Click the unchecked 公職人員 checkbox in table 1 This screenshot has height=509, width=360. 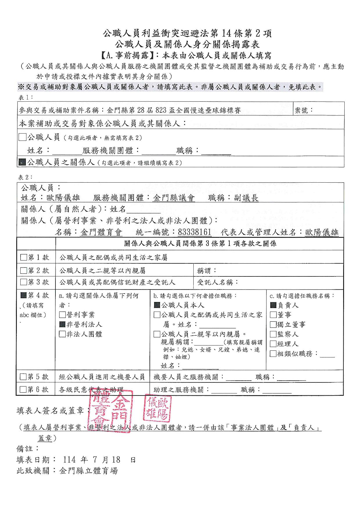click(x=22, y=137)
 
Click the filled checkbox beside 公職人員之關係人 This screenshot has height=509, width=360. click(x=22, y=162)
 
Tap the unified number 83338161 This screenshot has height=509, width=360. click(x=195, y=233)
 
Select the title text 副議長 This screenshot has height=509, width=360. click(x=246, y=198)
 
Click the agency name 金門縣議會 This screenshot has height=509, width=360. click(x=174, y=198)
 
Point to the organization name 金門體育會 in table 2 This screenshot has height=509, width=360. click(x=101, y=233)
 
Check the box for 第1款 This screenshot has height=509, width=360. click(x=24, y=258)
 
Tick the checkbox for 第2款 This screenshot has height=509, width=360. click(x=24, y=271)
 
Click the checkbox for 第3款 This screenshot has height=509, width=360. click(x=24, y=282)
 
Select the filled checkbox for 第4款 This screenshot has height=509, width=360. click(x=24, y=296)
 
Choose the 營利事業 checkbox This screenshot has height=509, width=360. click(x=62, y=315)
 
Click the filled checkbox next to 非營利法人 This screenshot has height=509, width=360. click(x=62, y=324)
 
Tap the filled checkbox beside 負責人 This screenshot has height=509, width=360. click(x=273, y=305)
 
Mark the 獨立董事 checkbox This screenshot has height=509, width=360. click(x=273, y=324)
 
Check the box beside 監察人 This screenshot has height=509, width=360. click(x=273, y=334)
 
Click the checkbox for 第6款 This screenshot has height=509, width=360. click(x=24, y=389)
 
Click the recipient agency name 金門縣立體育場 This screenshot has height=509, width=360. click(x=89, y=471)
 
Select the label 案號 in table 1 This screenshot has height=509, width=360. click(x=303, y=110)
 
